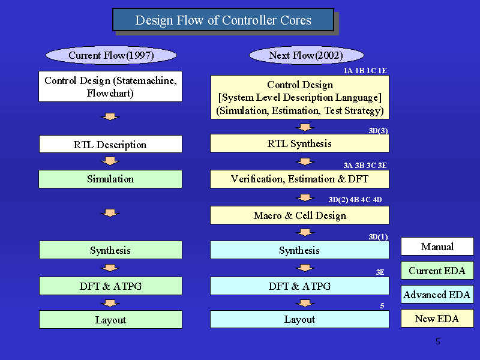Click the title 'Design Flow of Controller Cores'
click(x=223, y=20)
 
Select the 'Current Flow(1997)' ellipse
click(x=111, y=55)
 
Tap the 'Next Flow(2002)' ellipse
click(x=307, y=55)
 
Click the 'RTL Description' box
click(x=110, y=144)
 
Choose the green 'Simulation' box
click(x=110, y=179)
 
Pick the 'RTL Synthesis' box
click(x=299, y=143)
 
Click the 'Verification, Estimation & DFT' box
click(x=299, y=179)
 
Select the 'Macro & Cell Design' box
click(x=299, y=215)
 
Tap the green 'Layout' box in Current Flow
click(x=110, y=320)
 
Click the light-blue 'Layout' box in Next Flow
click(x=299, y=319)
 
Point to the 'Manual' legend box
click(x=437, y=247)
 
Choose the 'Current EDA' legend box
click(x=437, y=271)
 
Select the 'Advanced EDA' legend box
click(x=437, y=295)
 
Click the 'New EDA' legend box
click(x=437, y=319)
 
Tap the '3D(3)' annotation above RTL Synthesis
click(x=379, y=131)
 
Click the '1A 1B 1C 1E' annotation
click(x=365, y=71)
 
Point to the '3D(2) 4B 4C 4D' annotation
click(x=355, y=200)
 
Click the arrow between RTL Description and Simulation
click(x=110, y=161)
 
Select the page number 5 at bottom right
click(x=438, y=341)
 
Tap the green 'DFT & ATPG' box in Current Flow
click(x=110, y=286)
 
